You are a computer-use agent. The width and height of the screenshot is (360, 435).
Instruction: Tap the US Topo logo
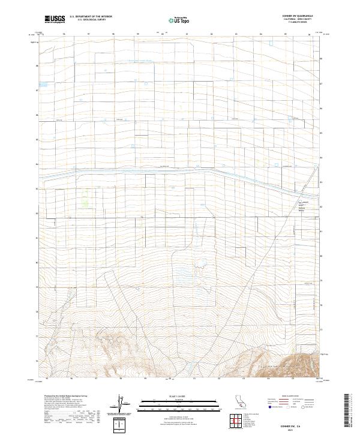coord(179,20)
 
